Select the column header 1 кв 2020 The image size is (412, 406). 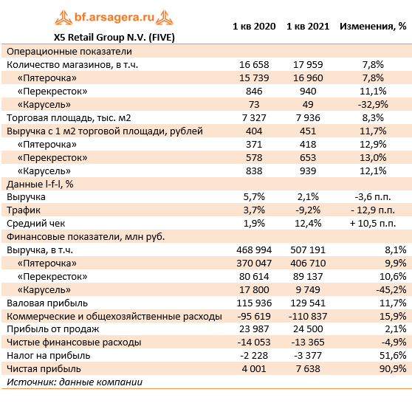click(253, 26)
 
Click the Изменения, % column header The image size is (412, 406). click(372, 26)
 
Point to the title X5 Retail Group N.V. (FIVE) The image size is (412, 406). click(114, 36)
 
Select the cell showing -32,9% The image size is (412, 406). click(373, 104)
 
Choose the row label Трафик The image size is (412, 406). click(24, 210)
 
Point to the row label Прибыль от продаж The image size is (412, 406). click(52, 329)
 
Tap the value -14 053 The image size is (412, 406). click(253, 343)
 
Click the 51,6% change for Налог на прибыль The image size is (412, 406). click(391, 356)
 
